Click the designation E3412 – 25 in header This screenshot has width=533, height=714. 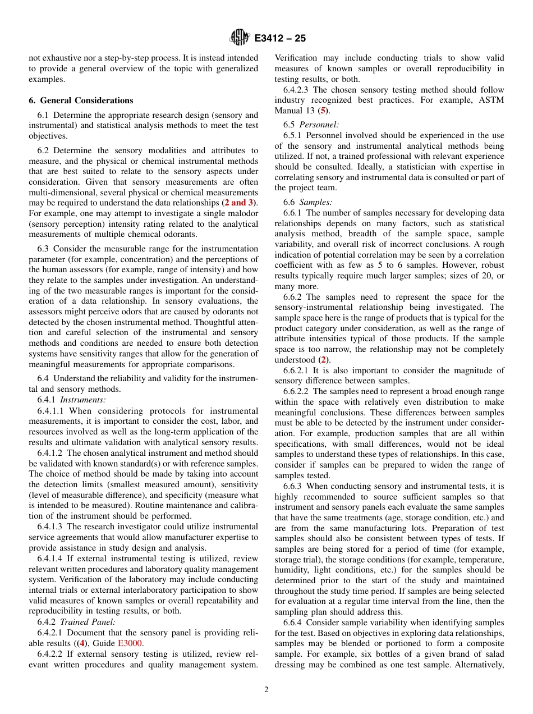280,39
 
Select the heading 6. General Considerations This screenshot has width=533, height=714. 81,100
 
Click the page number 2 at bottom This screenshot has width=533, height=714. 266,690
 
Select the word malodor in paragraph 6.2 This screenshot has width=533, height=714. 241,214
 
